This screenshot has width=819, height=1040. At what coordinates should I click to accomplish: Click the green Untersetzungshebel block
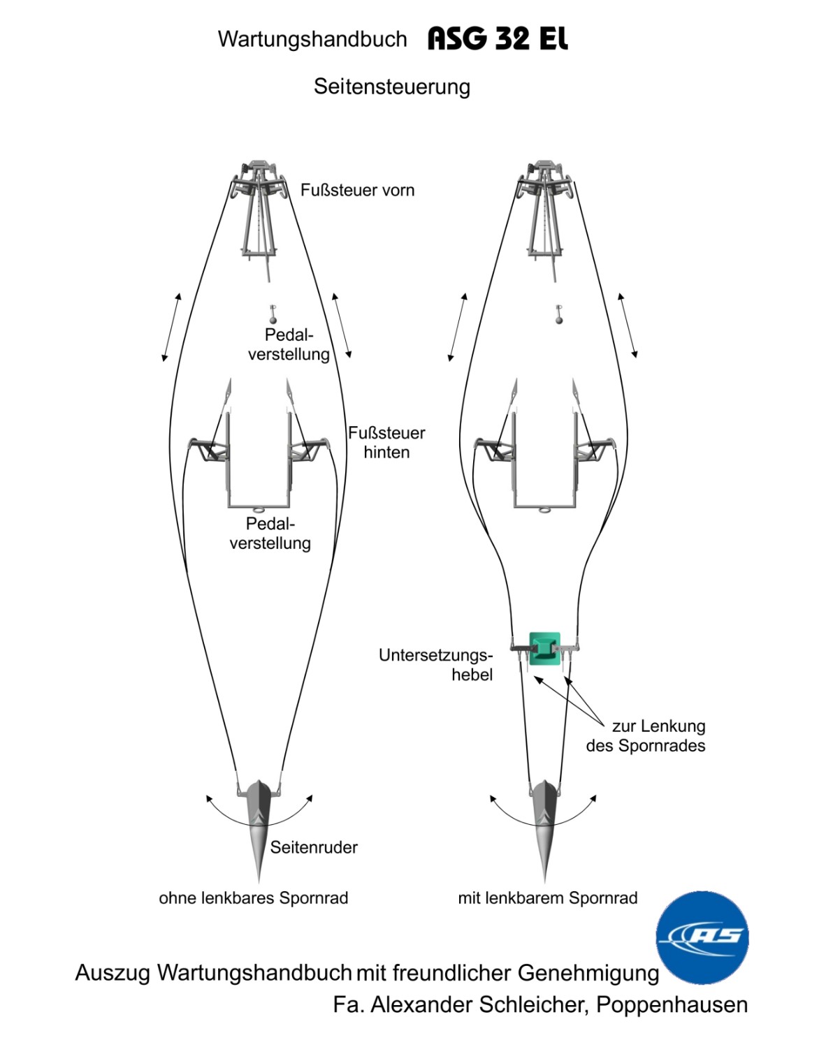coord(544,648)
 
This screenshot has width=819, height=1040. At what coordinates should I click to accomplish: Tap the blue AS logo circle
coord(702,937)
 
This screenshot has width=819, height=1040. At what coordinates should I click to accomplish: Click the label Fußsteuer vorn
coord(357,190)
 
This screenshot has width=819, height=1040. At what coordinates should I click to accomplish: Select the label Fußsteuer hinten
coord(386,442)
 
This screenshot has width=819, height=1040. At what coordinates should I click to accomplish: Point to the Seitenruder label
coord(314,847)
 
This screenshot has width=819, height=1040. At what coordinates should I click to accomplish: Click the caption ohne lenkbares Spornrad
coord(253,898)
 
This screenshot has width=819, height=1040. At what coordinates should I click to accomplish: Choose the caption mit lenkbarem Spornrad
coord(547,898)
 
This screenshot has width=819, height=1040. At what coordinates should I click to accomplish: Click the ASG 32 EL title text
coord(498,38)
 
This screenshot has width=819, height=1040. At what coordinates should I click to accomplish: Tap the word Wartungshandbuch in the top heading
coord(312,39)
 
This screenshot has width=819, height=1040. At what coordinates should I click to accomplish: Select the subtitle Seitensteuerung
coord(391,87)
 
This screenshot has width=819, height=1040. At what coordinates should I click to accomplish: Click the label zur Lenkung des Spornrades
coord(646,735)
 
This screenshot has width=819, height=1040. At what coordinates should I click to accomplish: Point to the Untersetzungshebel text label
coord(436,664)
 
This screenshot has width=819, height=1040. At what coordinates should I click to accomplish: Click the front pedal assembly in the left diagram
coord(259,210)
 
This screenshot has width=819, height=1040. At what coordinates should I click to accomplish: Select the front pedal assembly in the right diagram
coord(545,210)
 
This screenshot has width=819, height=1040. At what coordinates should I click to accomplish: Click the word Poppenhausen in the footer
coord(672,1004)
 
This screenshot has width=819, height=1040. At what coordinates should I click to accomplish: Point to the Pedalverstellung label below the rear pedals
coord(270,533)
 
